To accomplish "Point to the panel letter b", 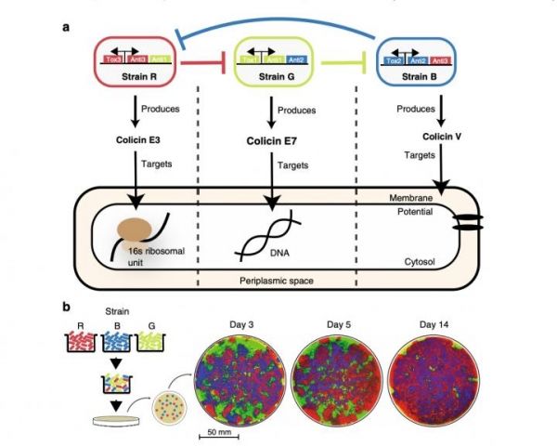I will pos(65,306).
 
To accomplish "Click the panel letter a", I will pos(65,28).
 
